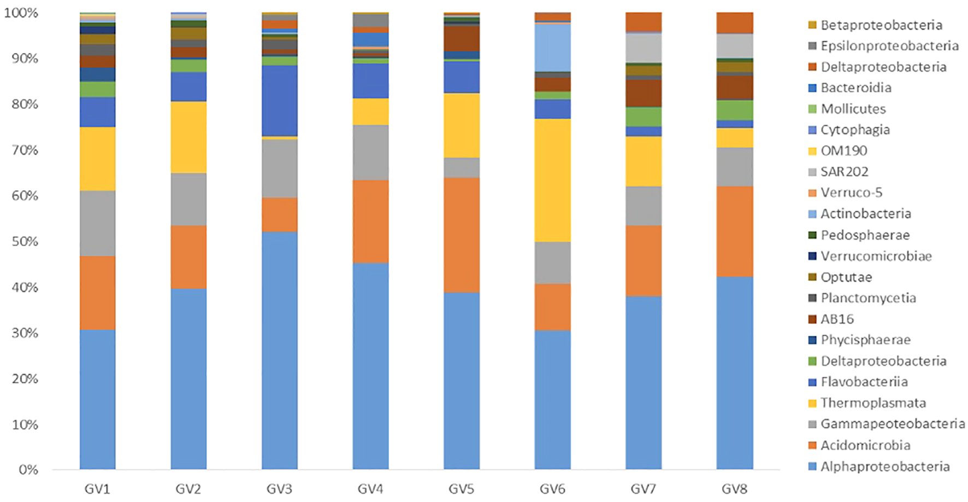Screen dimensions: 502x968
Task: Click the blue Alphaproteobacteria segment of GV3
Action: click(x=279, y=350)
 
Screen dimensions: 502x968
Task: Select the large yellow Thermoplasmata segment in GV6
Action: click(x=552, y=180)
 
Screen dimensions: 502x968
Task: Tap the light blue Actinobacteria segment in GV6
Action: click(x=552, y=48)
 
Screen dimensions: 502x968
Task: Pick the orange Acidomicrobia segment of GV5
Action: click(x=461, y=235)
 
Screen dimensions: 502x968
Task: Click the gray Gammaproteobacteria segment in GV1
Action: click(x=97, y=223)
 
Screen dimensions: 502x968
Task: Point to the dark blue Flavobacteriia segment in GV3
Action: click(x=279, y=101)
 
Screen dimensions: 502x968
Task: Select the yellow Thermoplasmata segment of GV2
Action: click(x=188, y=137)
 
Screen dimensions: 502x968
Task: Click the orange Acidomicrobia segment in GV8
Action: click(x=734, y=231)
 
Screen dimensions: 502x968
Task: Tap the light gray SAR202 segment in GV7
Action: click(x=643, y=48)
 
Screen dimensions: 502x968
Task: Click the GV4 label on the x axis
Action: click(x=370, y=489)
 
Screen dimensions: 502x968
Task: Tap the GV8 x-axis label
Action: click(x=734, y=489)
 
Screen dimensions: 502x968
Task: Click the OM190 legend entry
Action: click(x=843, y=151)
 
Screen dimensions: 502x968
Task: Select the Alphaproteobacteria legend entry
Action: click(x=884, y=466)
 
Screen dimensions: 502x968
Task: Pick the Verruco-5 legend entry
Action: click(x=851, y=193)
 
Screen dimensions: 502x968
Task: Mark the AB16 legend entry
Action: click(x=836, y=319)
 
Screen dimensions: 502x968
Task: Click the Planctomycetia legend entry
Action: click(x=867, y=298)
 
